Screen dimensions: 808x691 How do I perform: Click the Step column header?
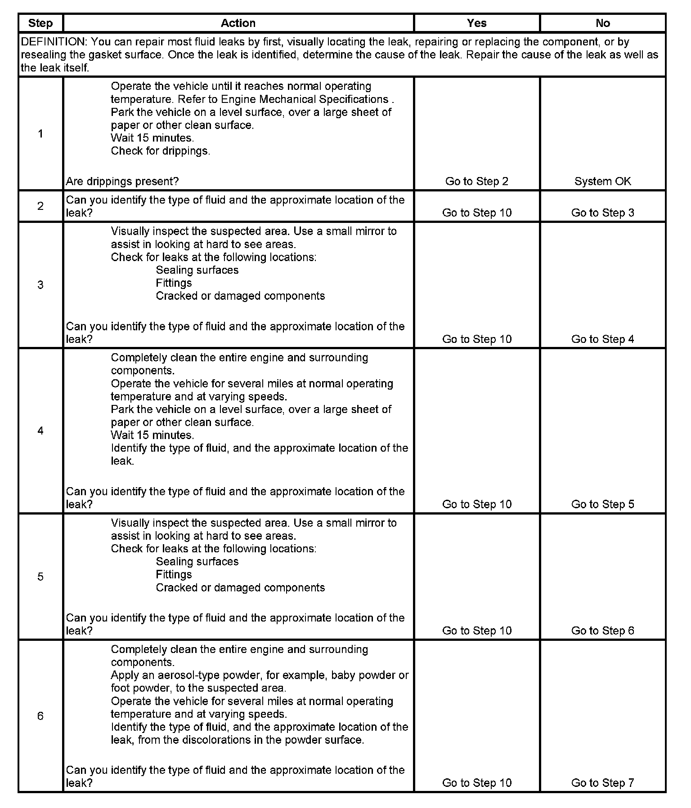(x=40, y=23)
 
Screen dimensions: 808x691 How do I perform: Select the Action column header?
(x=238, y=23)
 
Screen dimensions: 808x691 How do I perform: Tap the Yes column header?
(x=476, y=23)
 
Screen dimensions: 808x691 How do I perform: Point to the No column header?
(x=602, y=23)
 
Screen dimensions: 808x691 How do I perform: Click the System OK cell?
(x=602, y=181)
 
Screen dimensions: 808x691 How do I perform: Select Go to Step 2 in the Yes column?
(x=476, y=181)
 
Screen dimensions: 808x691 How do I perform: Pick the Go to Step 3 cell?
(x=602, y=213)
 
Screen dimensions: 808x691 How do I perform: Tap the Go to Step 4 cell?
(x=602, y=339)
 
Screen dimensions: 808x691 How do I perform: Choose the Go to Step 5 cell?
(x=602, y=504)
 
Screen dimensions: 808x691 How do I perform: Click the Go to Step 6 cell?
(x=602, y=630)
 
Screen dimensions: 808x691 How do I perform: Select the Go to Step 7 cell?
(x=602, y=782)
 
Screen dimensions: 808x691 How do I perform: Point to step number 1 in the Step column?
(x=40, y=133)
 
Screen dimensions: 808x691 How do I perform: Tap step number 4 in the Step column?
(x=40, y=431)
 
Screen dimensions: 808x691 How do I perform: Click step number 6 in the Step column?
(x=40, y=716)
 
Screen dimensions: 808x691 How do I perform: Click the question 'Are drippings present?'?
(x=122, y=181)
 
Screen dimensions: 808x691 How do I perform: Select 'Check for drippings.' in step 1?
(x=160, y=151)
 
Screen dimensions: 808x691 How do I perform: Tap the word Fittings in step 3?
(x=174, y=283)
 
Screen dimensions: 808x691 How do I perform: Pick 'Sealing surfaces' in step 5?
(x=197, y=561)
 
